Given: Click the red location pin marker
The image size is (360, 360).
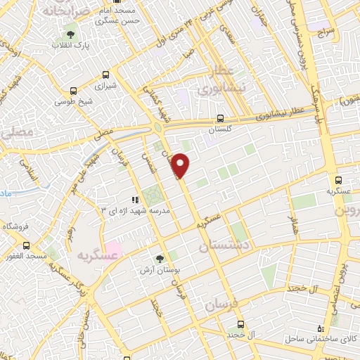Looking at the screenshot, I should pyautogui.click(x=181, y=165).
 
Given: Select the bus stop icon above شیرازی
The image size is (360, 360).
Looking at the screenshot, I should pyautogui.click(x=105, y=74).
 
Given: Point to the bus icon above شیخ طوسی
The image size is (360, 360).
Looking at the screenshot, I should pyautogui.click(x=74, y=90).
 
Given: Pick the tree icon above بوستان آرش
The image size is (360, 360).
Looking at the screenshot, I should pyautogui.click(x=160, y=258).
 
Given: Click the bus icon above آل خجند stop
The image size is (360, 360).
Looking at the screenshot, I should pyautogui.click(x=241, y=324).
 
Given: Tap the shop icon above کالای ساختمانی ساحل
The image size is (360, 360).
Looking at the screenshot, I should pyautogui.click(x=321, y=328).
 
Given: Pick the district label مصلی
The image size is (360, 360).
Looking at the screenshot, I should pyautogui.click(x=19, y=132).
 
